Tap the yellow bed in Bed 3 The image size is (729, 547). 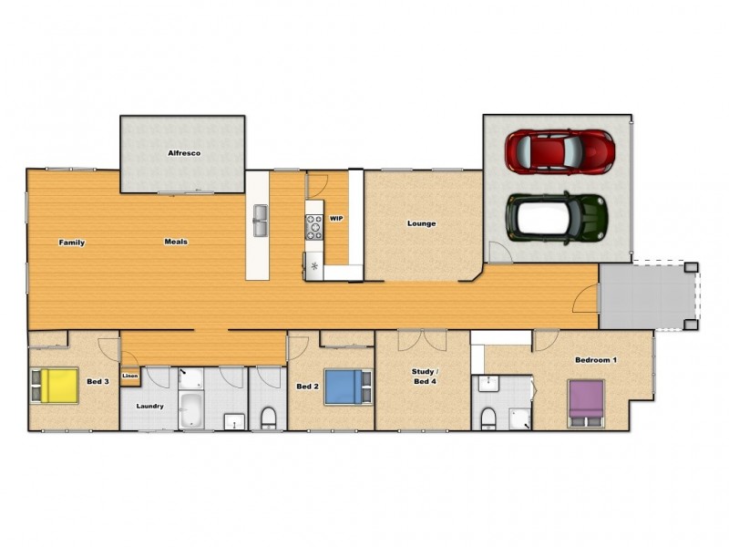tap(56, 385)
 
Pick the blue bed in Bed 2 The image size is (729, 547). tap(344, 386)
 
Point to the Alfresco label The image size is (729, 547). tap(183, 153)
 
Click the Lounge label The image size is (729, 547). tap(421, 223)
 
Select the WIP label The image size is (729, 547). tap(336, 219)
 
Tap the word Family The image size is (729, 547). tap(72, 243)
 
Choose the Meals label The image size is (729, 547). tap(176, 243)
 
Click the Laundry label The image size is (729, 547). tap(149, 406)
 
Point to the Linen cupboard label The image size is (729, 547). tap(129, 376)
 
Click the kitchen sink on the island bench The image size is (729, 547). tap(260, 218)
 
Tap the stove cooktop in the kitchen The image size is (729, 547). tap(313, 225)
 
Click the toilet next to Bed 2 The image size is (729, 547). tap(268, 417)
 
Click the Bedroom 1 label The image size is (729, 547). tap(596, 360)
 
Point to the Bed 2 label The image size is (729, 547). tap(307, 387)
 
